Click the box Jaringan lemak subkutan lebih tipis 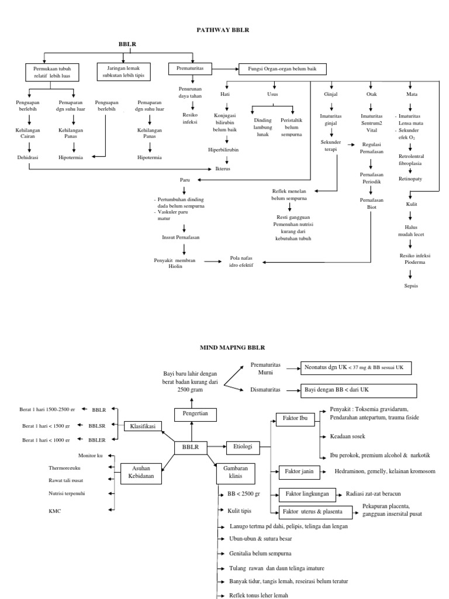[123, 72]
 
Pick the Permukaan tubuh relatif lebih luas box [54, 73]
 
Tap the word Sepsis [411, 285]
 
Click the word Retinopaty [411, 178]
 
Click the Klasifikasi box [143, 426]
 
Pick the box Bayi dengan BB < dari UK [358, 390]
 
